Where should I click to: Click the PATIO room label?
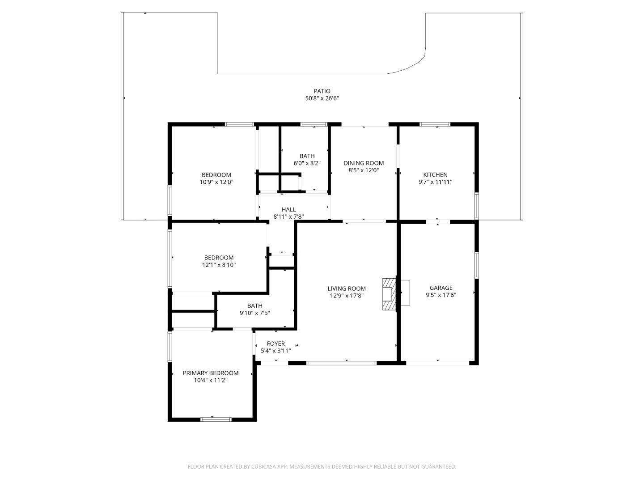coord(322,91)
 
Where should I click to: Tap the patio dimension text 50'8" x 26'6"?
coord(322,98)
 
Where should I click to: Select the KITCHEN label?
coord(435,175)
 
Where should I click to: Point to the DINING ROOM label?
coord(364,163)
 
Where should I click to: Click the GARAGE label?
coord(441,288)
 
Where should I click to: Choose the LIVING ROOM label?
coord(347,288)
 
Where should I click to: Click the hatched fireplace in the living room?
coord(389,294)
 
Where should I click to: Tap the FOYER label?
coord(276,343)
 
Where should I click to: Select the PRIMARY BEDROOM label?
coord(210,373)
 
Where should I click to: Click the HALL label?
coord(288,210)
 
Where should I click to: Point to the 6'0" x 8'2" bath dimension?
coord(307,163)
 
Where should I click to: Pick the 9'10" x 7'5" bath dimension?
coord(254,313)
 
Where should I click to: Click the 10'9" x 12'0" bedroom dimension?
coord(216,182)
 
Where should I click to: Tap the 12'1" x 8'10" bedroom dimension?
coord(219,265)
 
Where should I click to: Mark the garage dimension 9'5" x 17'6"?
coord(441,295)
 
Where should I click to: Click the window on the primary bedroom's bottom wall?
coord(216,419)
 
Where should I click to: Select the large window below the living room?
coord(341,363)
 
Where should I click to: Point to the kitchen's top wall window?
coord(435,124)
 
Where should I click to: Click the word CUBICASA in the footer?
coord(263,466)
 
